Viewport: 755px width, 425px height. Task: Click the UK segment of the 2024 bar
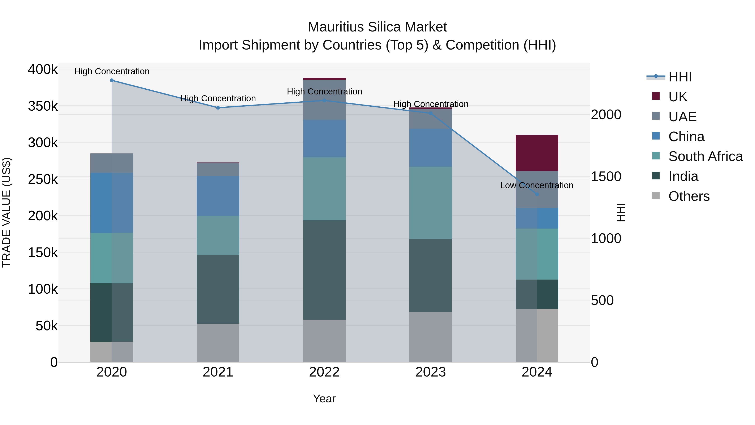pyautogui.click(x=537, y=153)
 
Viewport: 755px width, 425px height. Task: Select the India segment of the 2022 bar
pyautogui.click(x=324, y=270)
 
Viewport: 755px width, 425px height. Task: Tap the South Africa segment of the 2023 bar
pyautogui.click(x=430, y=203)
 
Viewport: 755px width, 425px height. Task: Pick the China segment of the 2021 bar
pyautogui.click(x=218, y=196)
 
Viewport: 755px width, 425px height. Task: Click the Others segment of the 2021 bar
pyautogui.click(x=218, y=343)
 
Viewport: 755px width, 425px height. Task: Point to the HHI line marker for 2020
pyautogui.click(x=112, y=80)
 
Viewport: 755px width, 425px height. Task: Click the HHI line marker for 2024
pyautogui.click(x=537, y=194)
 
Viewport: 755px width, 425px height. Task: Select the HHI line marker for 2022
pyautogui.click(x=324, y=101)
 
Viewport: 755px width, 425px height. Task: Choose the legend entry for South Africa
pyautogui.click(x=705, y=156)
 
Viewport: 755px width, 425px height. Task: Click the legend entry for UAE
pyautogui.click(x=682, y=117)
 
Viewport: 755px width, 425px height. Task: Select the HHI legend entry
pyautogui.click(x=680, y=77)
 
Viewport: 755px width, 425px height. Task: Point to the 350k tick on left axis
pyautogui.click(x=43, y=106)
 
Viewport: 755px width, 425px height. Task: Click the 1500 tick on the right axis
pyautogui.click(x=606, y=177)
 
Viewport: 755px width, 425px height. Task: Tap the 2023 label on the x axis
pyautogui.click(x=430, y=372)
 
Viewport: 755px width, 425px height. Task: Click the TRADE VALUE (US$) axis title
pyautogui.click(x=7, y=212)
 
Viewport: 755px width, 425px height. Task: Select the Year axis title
pyautogui.click(x=324, y=399)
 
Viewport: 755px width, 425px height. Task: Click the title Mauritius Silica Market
pyautogui.click(x=377, y=27)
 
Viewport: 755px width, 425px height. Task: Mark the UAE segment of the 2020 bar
pyautogui.click(x=112, y=163)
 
